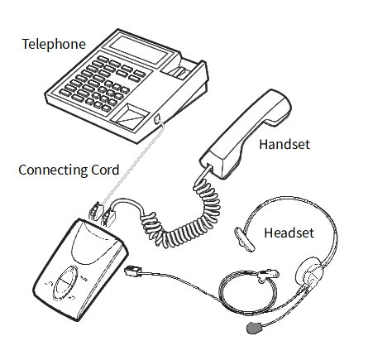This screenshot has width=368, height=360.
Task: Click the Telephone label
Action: pyautogui.click(x=54, y=44)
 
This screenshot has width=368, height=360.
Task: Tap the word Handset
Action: pyautogui.click(x=284, y=144)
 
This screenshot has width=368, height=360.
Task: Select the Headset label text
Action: pyautogui.click(x=289, y=233)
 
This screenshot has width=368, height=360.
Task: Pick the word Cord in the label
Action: pyautogui.click(x=105, y=170)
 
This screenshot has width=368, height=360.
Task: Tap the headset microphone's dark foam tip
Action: pyautogui.click(x=255, y=328)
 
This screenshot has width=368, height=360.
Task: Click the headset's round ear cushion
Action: pyautogui.click(x=309, y=271)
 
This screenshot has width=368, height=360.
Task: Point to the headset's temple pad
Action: pyautogui.click(x=244, y=239)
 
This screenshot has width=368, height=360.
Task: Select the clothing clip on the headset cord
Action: pyautogui.click(x=268, y=275)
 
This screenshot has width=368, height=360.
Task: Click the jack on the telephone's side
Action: pyautogui.click(x=157, y=119)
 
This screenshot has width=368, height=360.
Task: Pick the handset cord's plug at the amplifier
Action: pyautogui.click(x=108, y=217)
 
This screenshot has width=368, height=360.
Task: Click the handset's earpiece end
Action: pyautogui.click(x=275, y=108)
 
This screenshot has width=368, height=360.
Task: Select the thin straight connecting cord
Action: pyautogui.click(x=132, y=163)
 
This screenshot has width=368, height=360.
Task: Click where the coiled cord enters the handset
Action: pyautogui.click(x=209, y=166)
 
